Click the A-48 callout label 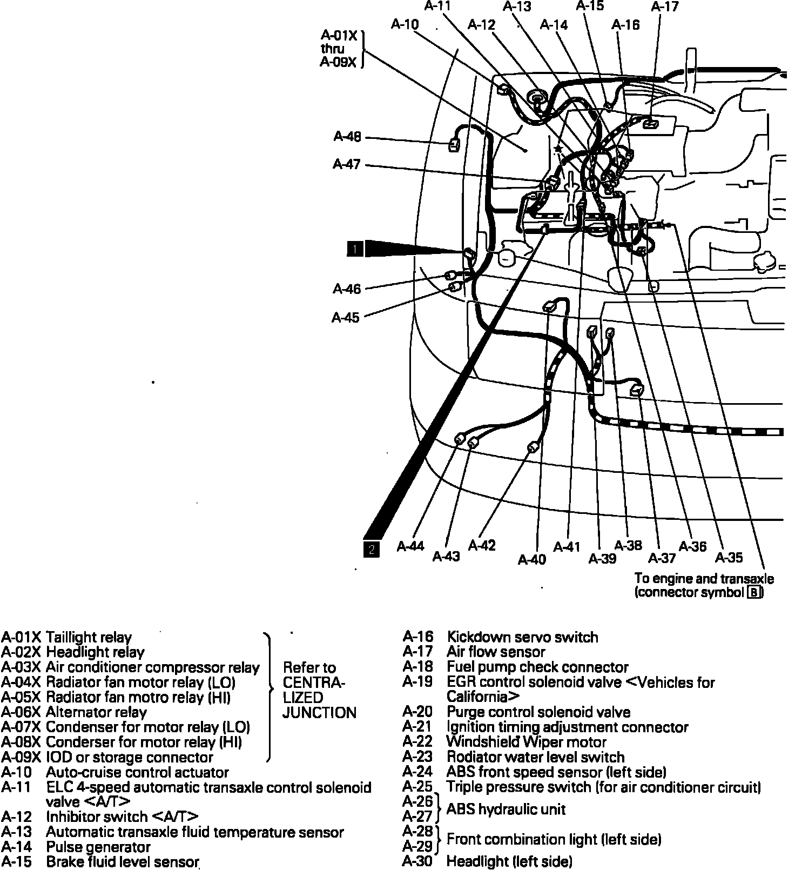pyautogui.click(x=347, y=137)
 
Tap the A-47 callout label pyautogui.click(x=347, y=164)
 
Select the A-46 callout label pyautogui.click(x=347, y=289)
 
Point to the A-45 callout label pyautogui.click(x=346, y=317)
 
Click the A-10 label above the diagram pyautogui.click(x=405, y=24)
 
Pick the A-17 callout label pyautogui.click(x=665, y=7)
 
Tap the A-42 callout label pyautogui.click(x=482, y=545)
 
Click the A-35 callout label pyautogui.click(x=729, y=557)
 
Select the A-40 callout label pyautogui.click(x=532, y=559)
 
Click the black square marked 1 pyautogui.click(x=355, y=249)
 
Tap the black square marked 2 pyautogui.click(x=372, y=549)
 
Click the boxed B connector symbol pyautogui.click(x=754, y=593)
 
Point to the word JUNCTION pyautogui.click(x=319, y=713)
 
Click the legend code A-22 pyautogui.click(x=417, y=742)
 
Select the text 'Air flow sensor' pyautogui.click(x=496, y=652)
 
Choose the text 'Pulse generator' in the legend pyautogui.click(x=98, y=847)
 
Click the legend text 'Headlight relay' pyautogui.click(x=95, y=652)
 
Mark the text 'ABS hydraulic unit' pyautogui.click(x=506, y=809)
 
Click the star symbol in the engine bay pyautogui.click(x=558, y=148)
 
